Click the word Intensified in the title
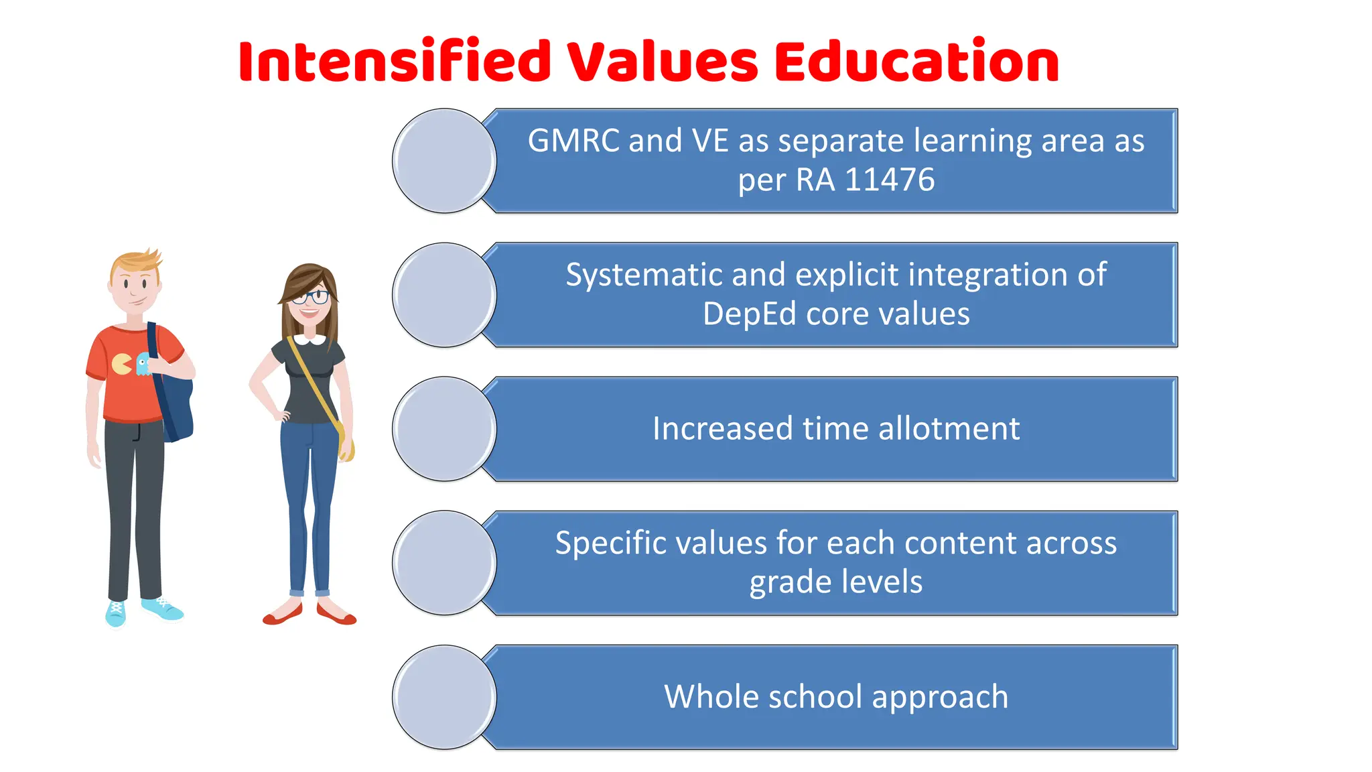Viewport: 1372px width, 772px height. coord(395,62)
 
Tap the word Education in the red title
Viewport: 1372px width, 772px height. coord(916,62)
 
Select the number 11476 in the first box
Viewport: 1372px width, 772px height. coord(890,180)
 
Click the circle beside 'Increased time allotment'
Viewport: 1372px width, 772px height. coord(444,429)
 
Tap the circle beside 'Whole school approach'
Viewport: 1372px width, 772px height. coord(444,697)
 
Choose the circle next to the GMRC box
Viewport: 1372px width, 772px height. coord(444,161)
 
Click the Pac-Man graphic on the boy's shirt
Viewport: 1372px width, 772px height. coord(121,365)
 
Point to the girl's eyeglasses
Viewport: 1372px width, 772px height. coord(311,297)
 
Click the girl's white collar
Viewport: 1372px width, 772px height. coord(310,339)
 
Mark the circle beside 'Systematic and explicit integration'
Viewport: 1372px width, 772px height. coord(444,295)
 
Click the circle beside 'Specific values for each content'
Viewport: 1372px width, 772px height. coord(444,563)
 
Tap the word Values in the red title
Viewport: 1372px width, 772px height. coord(663,62)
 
